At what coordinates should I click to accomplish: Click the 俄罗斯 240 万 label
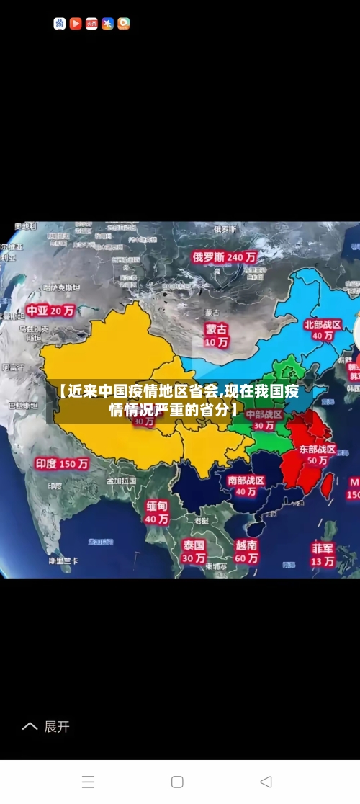[x=225, y=256]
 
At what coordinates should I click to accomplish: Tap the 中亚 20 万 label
[x=50, y=311]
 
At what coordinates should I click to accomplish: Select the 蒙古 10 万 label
[x=216, y=335]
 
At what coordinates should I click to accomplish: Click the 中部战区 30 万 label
[x=264, y=420]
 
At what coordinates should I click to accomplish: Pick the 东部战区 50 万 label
[x=318, y=455]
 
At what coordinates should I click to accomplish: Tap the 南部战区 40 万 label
[x=246, y=486]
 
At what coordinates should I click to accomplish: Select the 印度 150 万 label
[x=62, y=464]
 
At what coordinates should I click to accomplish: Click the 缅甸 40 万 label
[x=157, y=512]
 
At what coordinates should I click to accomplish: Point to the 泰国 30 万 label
[x=194, y=551]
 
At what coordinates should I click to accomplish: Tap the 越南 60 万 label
[x=246, y=551]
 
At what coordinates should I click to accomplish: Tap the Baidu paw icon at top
[x=60, y=24]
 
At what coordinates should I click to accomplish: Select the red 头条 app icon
[x=91, y=24]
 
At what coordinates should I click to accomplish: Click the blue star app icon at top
[x=107, y=24]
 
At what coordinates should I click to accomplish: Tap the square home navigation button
[x=177, y=782]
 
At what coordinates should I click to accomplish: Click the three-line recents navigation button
[x=88, y=782]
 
